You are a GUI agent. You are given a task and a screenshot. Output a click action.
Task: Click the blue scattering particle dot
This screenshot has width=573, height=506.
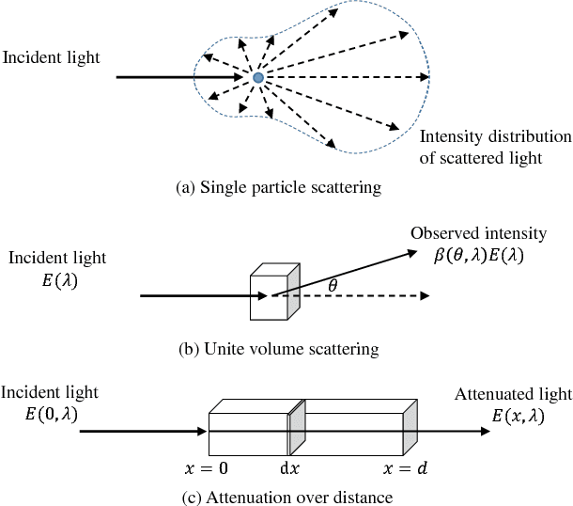click(x=257, y=77)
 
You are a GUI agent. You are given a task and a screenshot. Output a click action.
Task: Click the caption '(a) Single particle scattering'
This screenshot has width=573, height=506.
click(x=279, y=188)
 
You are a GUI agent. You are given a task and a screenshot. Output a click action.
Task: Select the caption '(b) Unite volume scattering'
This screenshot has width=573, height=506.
click(x=278, y=350)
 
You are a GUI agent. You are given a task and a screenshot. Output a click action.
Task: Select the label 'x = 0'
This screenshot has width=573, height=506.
click(x=208, y=467)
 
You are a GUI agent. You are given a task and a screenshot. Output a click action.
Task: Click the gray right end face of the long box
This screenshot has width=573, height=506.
click(x=410, y=431)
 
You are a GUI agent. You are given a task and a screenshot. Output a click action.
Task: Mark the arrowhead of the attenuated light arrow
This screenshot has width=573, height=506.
click(x=483, y=432)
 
